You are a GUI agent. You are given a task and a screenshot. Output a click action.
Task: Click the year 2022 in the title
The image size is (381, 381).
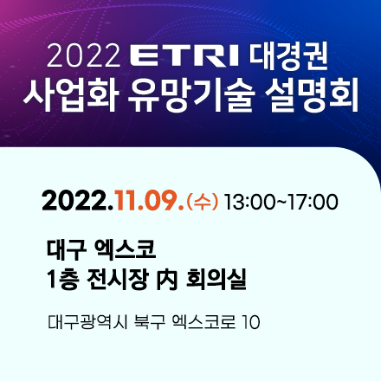(x=83, y=59)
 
